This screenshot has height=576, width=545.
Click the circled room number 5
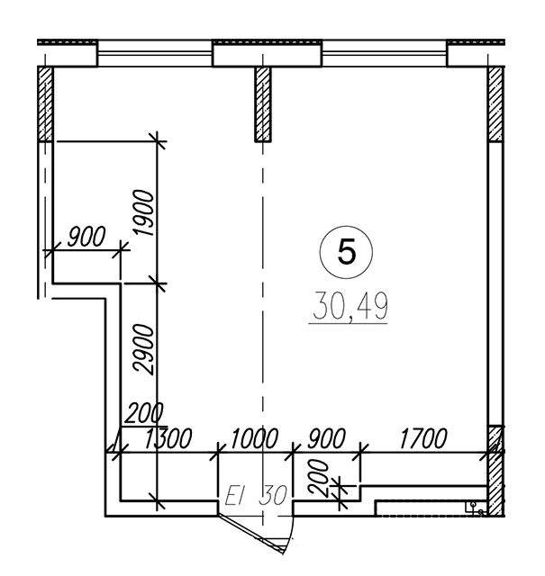tap(347, 252)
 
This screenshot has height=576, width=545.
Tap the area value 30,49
tap(350, 306)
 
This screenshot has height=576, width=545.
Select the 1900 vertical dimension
tap(143, 212)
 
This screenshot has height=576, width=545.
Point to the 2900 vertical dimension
tap(143, 349)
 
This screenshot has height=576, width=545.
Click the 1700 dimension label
tap(423, 438)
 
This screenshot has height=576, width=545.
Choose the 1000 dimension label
tap(254, 438)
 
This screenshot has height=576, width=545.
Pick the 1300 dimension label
tap(168, 438)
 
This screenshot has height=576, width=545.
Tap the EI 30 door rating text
tap(256, 495)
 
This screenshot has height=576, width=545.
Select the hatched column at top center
tap(263, 104)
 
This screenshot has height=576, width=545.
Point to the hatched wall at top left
tap(46, 104)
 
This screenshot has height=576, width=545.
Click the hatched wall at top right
tap(495, 104)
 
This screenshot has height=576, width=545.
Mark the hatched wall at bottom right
tap(495, 471)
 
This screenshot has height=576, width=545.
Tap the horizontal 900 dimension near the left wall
tap(86, 237)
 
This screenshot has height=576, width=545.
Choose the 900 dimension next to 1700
tap(327, 438)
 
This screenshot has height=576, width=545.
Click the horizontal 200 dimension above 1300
tap(143, 414)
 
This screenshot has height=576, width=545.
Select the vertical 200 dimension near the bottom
tap(319, 478)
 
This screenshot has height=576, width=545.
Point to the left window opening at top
tap(155, 54)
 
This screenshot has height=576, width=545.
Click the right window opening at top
tap(385, 54)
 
